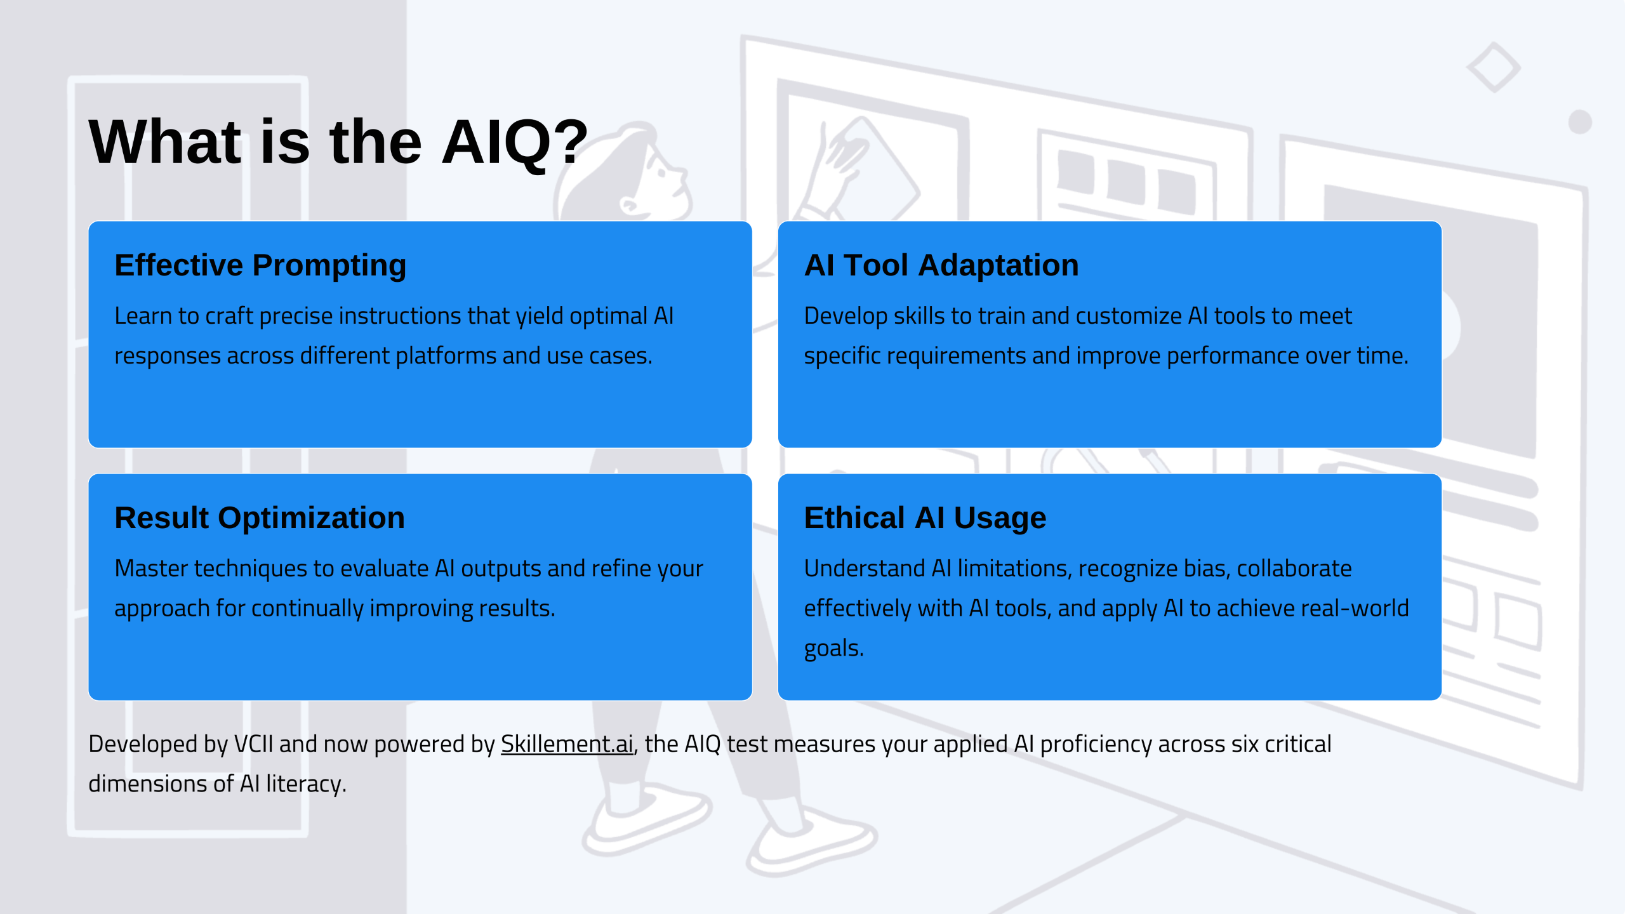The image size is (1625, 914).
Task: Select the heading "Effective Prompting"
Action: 260,265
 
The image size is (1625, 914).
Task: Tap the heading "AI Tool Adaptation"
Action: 941,265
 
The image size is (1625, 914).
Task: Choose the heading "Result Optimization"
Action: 260,518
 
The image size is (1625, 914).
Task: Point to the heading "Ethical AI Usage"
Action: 925,518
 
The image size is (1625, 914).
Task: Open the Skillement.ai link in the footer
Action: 567,744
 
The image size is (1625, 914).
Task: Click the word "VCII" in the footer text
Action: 253,744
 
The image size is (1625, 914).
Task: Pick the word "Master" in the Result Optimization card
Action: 151,569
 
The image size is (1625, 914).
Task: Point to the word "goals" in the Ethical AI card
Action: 832,649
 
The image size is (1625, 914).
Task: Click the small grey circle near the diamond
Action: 1580,122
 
